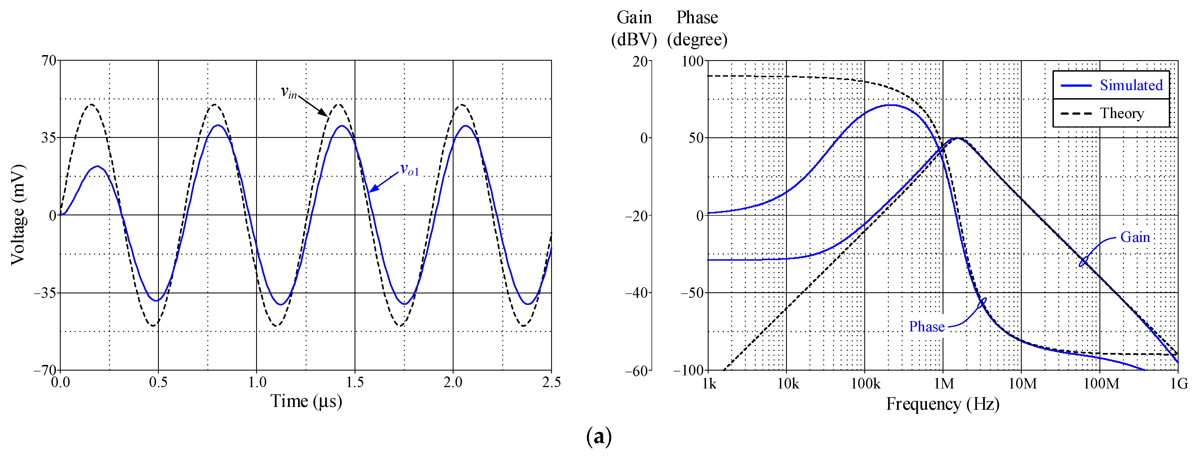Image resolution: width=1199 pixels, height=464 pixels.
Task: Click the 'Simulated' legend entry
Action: pyautogui.click(x=1130, y=85)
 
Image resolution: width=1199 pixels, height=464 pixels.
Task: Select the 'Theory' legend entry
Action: pyautogui.click(x=1122, y=113)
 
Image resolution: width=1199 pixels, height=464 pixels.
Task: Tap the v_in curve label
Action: pyautogui.click(x=289, y=92)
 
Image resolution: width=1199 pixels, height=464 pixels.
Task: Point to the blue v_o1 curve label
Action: pyautogui.click(x=410, y=170)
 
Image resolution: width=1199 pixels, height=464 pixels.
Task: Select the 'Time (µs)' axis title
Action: pyautogui.click(x=306, y=401)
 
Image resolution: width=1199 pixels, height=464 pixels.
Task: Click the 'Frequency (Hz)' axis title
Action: pyautogui.click(x=943, y=404)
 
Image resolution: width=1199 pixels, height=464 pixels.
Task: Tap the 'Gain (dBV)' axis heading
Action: pyautogui.click(x=634, y=28)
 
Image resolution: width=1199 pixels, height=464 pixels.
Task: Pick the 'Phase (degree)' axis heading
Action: pyautogui.click(x=697, y=28)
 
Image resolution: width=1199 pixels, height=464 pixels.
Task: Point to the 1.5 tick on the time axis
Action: pyautogui.click(x=355, y=383)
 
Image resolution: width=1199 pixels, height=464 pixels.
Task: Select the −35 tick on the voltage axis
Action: pyautogui.click(x=45, y=293)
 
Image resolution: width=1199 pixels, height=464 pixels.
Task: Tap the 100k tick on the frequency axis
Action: pyautogui.click(x=865, y=383)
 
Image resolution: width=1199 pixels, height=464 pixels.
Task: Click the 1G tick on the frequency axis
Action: pyautogui.click(x=1179, y=383)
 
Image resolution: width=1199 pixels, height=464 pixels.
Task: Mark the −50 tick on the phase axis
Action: pyautogui.click(x=692, y=293)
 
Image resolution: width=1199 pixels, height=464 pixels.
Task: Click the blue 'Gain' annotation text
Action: pyautogui.click(x=1135, y=237)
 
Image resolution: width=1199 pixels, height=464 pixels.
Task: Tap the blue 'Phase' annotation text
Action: pyautogui.click(x=927, y=327)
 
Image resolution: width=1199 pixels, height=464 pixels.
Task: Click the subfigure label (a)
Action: pyautogui.click(x=599, y=437)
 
